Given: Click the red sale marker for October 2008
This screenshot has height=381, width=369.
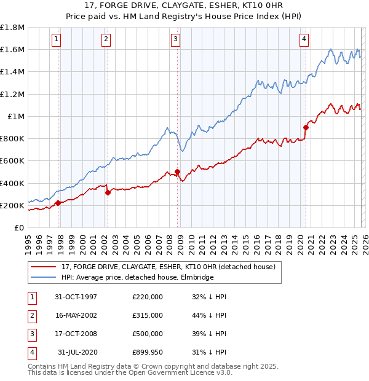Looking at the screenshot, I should coord(177,172).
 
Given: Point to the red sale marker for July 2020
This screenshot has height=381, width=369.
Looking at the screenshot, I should coord(306,127).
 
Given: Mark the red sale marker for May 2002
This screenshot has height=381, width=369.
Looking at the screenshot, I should coord(108,192).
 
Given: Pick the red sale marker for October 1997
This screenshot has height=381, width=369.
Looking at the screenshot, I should coord(58,203).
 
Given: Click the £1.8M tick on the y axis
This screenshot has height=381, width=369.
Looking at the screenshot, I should coord(12,28).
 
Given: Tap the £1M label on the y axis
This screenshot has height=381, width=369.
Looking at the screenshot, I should coord(17,116).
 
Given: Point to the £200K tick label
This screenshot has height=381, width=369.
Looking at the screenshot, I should coord(12,205).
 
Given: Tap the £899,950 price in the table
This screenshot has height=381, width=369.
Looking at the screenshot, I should coord(147,352).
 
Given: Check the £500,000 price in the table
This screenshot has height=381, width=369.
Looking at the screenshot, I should coord(147,334).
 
